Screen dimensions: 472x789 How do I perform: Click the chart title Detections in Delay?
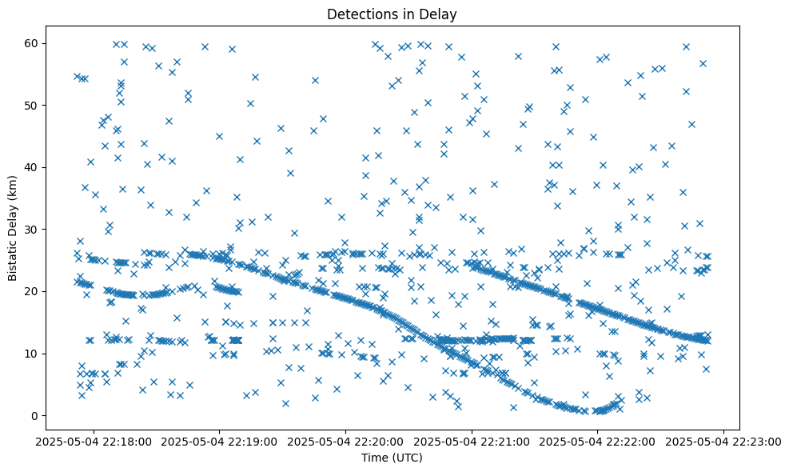point(392,14)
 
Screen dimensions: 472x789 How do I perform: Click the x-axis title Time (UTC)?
point(392,458)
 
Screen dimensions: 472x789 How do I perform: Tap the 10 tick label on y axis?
point(45,354)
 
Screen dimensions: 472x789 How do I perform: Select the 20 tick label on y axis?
point(45,291)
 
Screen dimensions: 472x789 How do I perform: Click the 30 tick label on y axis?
point(45,230)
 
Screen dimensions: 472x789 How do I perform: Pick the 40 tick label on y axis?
point(45,167)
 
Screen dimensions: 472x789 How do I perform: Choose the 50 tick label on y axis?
point(45,105)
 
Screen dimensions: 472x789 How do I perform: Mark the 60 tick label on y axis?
point(45,43)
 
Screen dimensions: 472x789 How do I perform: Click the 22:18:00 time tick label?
point(95,441)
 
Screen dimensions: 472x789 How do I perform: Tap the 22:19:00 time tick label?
point(221,441)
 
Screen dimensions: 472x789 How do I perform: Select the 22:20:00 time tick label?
point(347,441)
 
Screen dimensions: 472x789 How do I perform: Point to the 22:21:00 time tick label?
point(472,441)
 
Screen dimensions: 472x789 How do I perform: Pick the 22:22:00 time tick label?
point(598,441)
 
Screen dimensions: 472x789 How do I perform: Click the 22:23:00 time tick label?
point(724,441)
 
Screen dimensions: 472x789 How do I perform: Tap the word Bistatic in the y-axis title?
point(13,258)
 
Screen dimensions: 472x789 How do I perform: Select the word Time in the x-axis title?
point(375,458)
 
